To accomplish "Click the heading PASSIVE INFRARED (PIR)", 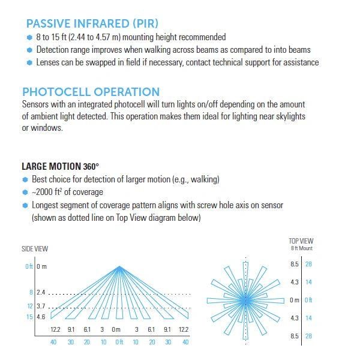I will click(92, 24).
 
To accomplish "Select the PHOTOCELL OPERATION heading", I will click(91, 92).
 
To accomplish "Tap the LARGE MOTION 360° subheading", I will click(60, 166).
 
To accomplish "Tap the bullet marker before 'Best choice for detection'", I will click(25, 179).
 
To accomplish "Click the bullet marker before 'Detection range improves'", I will click(31, 50).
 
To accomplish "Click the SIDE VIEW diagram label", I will click(35, 248).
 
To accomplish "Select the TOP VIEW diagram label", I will click(301, 241).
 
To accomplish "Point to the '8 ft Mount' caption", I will click(301, 248).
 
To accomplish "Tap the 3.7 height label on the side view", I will click(41, 305).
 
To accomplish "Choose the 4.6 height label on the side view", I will click(41, 317).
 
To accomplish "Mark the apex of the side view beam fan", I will click(117, 266).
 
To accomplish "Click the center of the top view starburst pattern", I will click(245, 299).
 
